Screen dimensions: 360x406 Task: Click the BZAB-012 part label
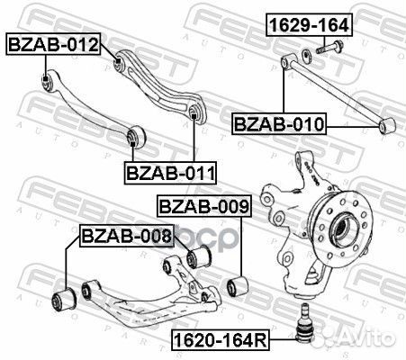click(53, 42)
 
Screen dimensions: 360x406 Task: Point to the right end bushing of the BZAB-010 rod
click(387, 125)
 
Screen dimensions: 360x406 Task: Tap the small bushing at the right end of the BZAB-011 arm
click(194, 112)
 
